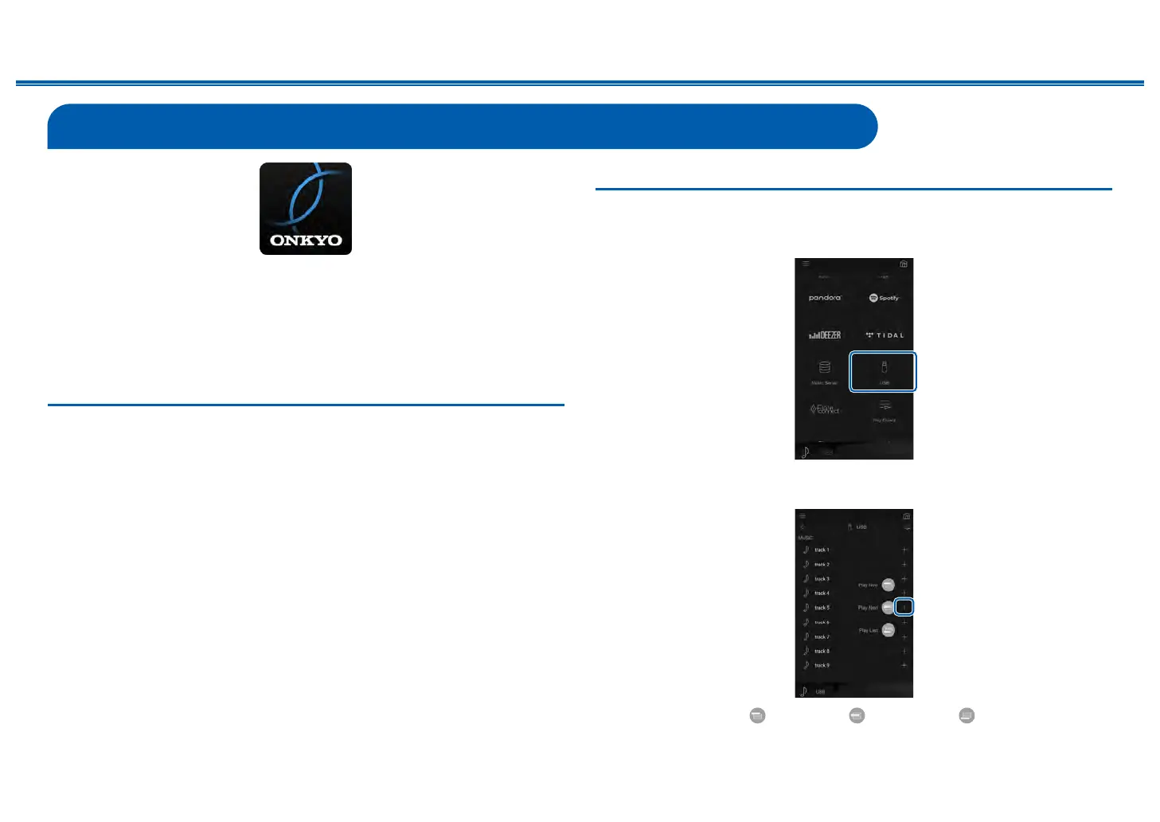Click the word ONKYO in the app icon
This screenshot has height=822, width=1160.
click(x=306, y=241)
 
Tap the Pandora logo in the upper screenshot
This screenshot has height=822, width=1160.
click(x=825, y=298)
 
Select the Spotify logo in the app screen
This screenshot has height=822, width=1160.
click(x=884, y=298)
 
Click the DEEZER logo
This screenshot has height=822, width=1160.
click(x=825, y=335)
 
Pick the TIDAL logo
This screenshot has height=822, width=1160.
click(x=885, y=335)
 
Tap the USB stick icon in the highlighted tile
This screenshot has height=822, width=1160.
click(x=884, y=367)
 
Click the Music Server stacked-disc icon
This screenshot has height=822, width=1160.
click(x=824, y=367)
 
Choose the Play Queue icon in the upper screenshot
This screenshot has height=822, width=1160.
click(x=884, y=406)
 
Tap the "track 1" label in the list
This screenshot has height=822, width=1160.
click(x=822, y=550)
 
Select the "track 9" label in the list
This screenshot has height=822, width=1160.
click(x=822, y=665)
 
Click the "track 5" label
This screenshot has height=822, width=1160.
click(x=822, y=608)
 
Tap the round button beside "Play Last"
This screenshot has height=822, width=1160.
click(x=888, y=630)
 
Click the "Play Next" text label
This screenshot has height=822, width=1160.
click(x=868, y=608)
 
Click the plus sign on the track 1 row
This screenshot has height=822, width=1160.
click(x=904, y=550)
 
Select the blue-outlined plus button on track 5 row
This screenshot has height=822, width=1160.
click(x=904, y=608)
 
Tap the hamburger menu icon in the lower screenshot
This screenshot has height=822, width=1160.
click(x=803, y=516)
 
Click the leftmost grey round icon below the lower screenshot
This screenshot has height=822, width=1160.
click(x=757, y=715)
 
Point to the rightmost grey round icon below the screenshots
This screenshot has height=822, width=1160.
click(x=967, y=715)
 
